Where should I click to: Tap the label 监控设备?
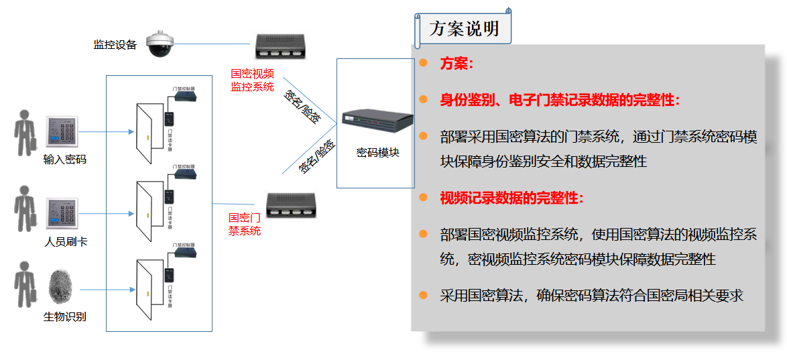(x=115, y=45)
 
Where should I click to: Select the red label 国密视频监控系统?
(x=252, y=80)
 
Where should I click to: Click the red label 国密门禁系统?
(x=245, y=225)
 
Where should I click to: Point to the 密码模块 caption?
(x=377, y=152)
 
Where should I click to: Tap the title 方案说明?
(x=464, y=29)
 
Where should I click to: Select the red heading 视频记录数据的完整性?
(x=512, y=198)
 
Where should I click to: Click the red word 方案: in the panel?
(x=457, y=64)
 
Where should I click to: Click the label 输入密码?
(x=65, y=160)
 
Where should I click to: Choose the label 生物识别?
(x=64, y=316)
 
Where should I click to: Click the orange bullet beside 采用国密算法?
(x=423, y=295)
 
